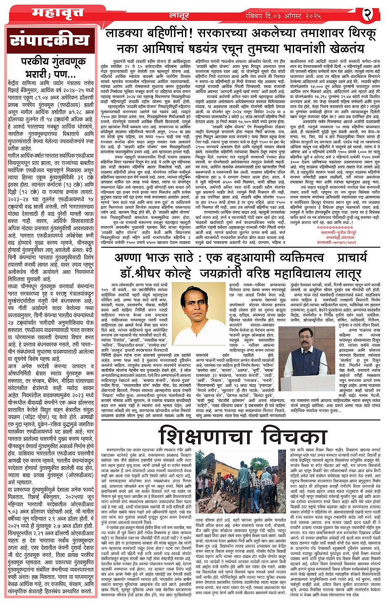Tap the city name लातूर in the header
[179, 16]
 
